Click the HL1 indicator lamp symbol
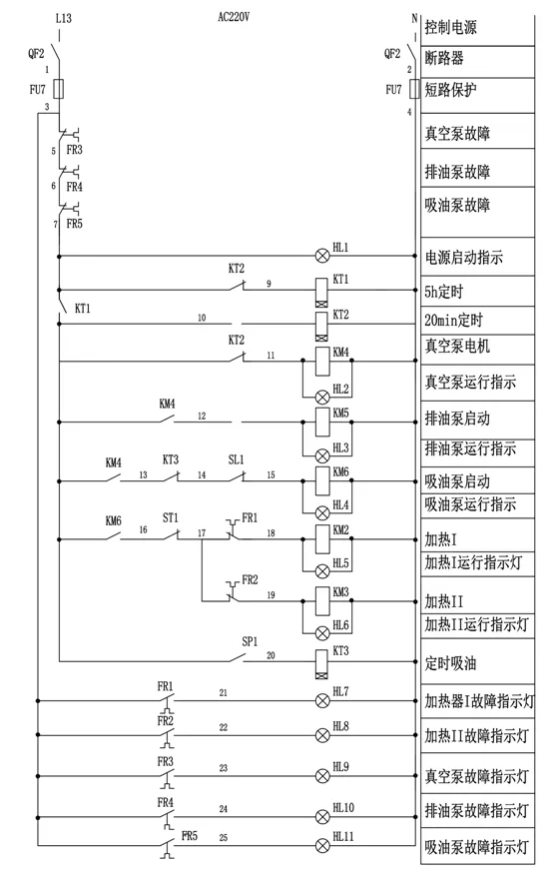[x=322, y=256]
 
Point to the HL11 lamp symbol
[x=322, y=845]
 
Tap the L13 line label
[x=65, y=18]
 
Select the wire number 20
[x=271, y=656]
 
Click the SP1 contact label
[x=249, y=641]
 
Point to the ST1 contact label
[x=171, y=517]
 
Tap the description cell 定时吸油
[x=457, y=660]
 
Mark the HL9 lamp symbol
[x=322, y=772]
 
